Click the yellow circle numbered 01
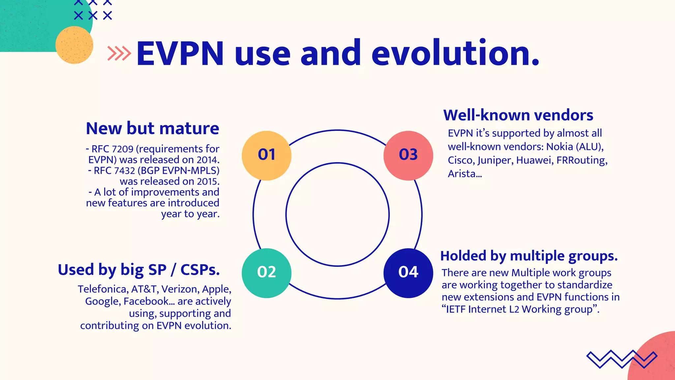(x=266, y=155)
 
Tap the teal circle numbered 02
(x=266, y=273)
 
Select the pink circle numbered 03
(x=408, y=155)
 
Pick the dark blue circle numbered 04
(x=408, y=273)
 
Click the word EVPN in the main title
(x=180, y=53)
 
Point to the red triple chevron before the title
(x=119, y=53)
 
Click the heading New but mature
(x=152, y=128)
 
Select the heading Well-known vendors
(x=518, y=115)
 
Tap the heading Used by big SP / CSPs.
(x=139, y=270)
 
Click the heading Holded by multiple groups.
(x=529, y=256)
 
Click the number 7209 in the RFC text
(x=123, y=149)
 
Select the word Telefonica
(x=103, y=289)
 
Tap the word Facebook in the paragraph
(x=146, y=301)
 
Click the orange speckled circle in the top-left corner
(x=74, y=45)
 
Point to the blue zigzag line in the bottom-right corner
(x=622, y=359)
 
